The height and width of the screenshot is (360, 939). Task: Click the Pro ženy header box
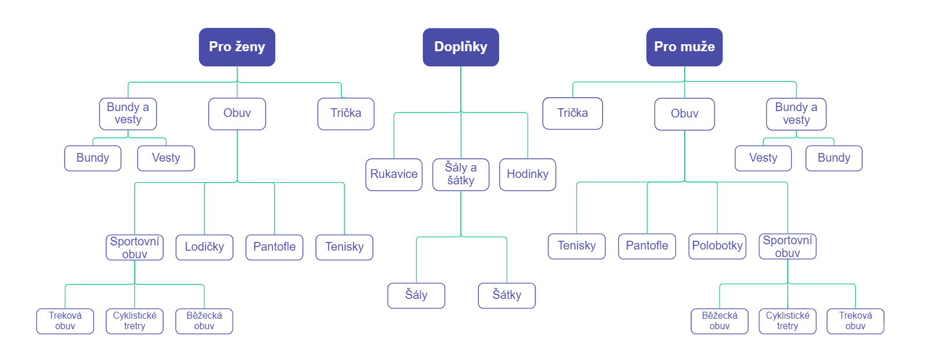coord(237,47)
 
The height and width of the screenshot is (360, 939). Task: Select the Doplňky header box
coord(460,47)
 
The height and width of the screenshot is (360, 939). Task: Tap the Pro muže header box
coord(684,47)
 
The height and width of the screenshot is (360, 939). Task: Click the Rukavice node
coord(394,174)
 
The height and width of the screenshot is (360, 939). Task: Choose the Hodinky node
coord(527,174)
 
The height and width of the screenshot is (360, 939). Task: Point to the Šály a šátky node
coord(461,174)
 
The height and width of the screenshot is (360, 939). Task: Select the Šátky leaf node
coord(507,295)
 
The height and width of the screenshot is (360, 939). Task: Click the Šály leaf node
coord(416,295)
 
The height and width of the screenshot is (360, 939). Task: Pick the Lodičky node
coord(204,247)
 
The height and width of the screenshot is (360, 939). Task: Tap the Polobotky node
coord(717,246)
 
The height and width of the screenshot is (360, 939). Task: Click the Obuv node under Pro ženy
coord(237,113)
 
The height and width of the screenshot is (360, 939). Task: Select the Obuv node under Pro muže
coord(684,114)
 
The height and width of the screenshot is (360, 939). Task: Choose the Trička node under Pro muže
coord(572,113)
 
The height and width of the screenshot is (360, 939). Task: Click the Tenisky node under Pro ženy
coord(344,247)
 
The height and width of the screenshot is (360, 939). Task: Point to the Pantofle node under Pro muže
coord(647,246)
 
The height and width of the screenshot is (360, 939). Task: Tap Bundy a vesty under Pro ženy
coord(128,113)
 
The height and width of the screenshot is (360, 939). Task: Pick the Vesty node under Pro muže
coord(763,158)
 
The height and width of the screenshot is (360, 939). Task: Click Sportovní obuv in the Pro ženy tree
coord(134,247)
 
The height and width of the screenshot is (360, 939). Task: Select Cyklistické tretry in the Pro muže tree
coord(787,321)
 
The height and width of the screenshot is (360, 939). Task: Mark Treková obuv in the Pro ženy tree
coord(65,321)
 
